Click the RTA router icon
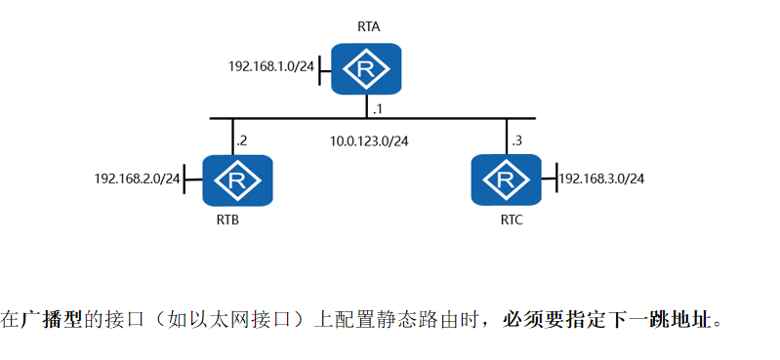click(367, 68)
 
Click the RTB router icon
click(236, 180)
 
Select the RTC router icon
click(506, 180)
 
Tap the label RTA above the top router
click(369, 28)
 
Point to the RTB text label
click(227, 220)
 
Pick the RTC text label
click(511, 220)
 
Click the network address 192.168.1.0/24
click(272, 67)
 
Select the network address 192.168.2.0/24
click(138, 179)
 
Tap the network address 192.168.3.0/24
click(601, 179)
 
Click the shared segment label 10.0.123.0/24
click(369, 141)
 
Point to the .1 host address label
click(378, 106)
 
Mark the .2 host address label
click(242, 141)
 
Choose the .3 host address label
click(516, 141)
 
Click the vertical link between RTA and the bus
click(367, 106)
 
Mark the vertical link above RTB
click(232, 136)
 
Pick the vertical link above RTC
click(506, 136)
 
